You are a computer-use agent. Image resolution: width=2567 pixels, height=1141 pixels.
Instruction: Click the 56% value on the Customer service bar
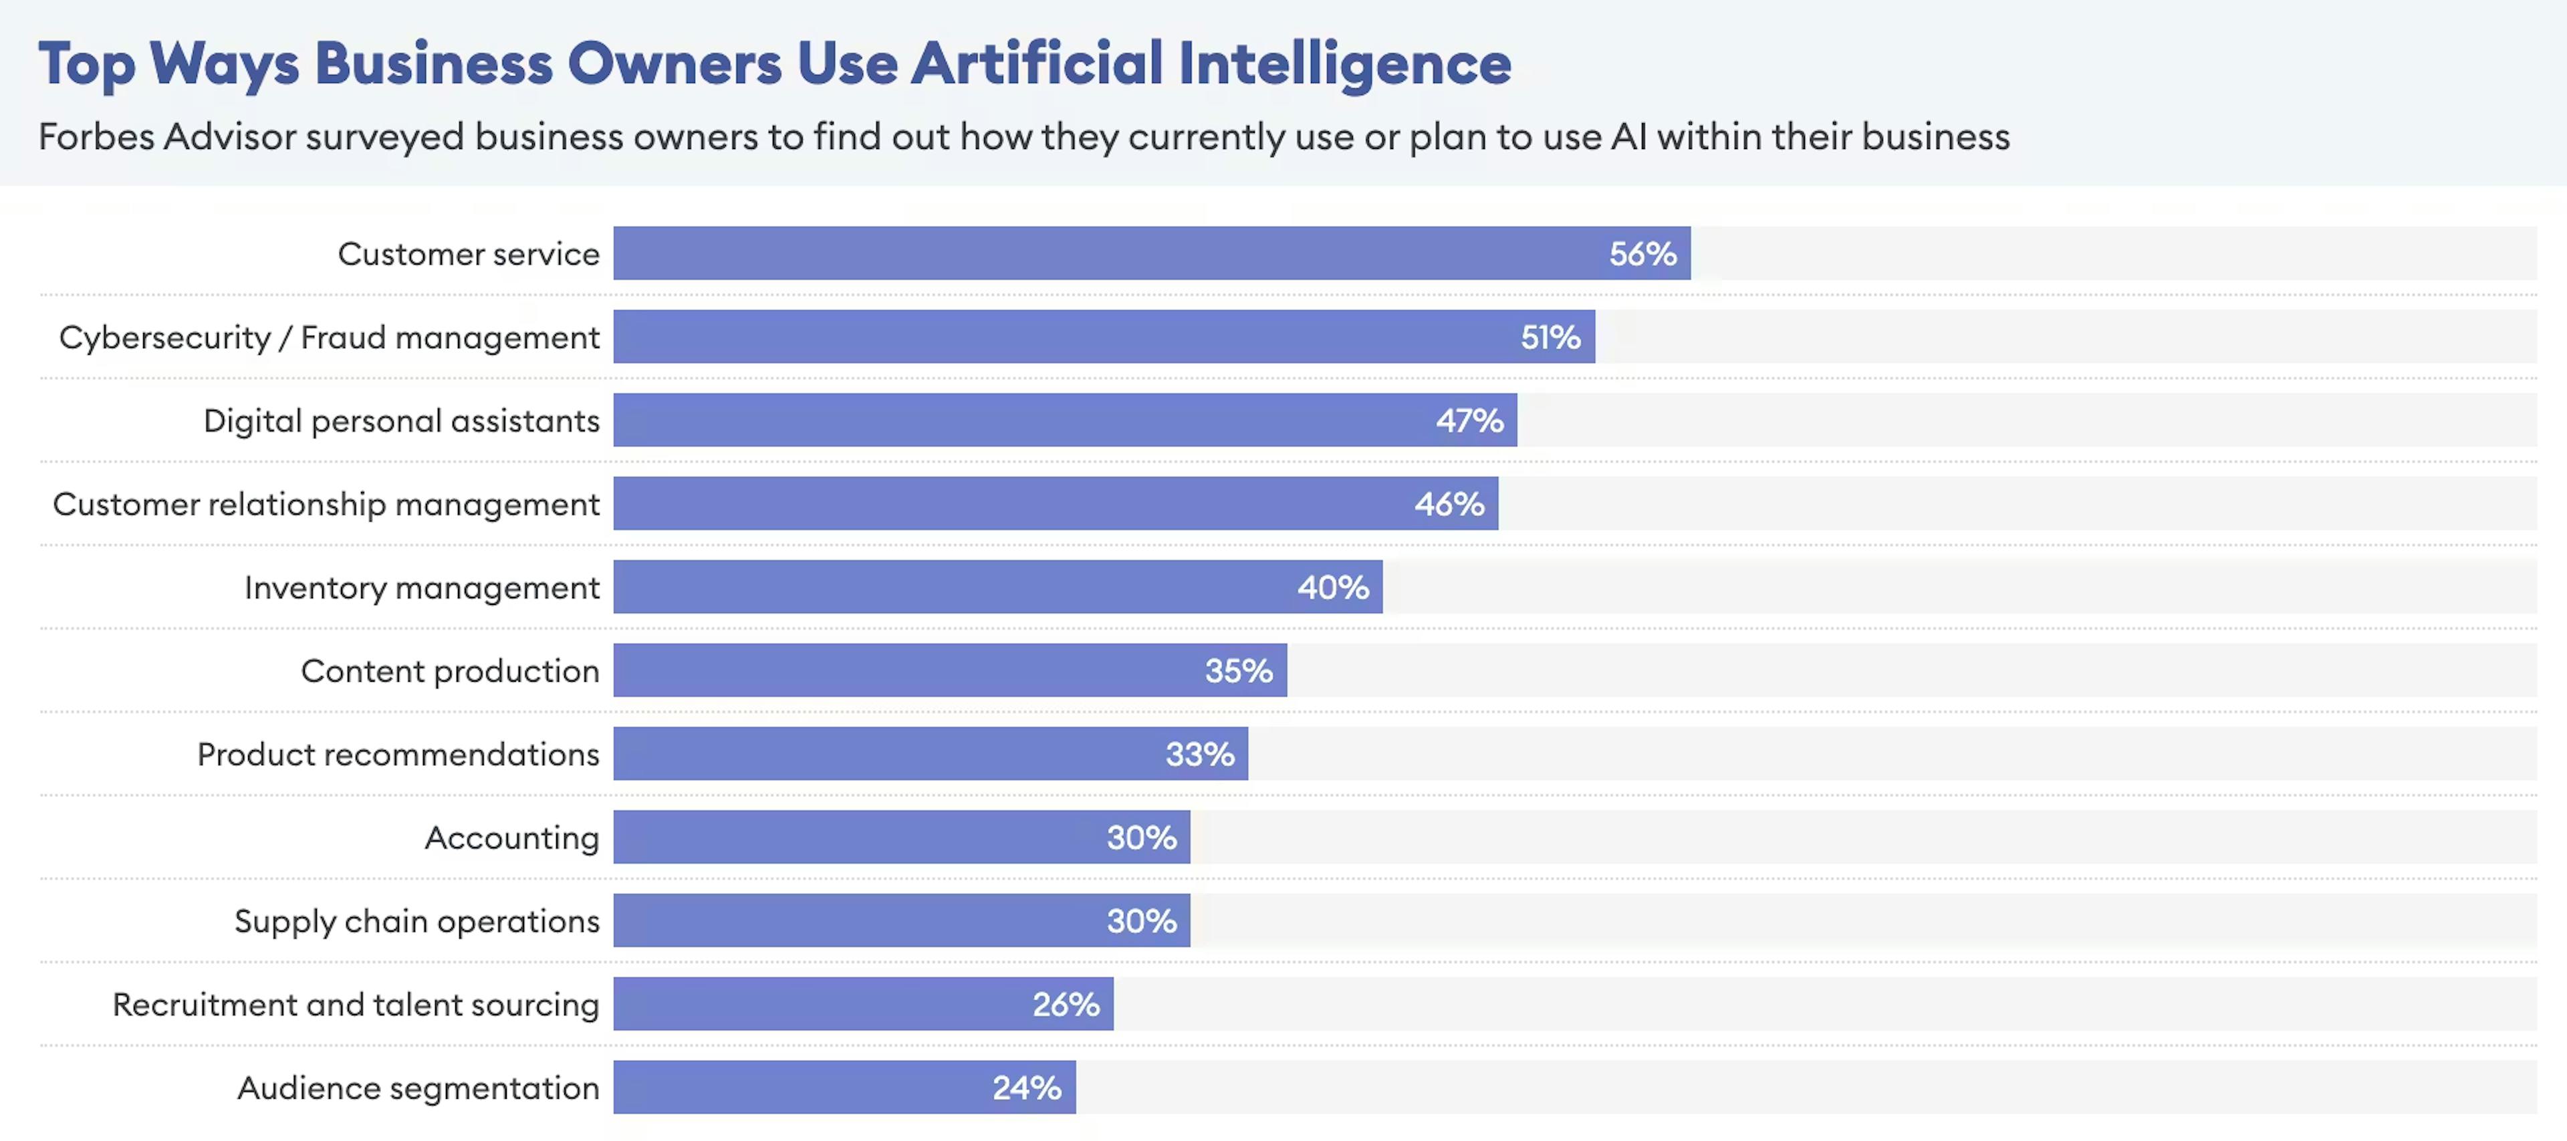(1642, 254)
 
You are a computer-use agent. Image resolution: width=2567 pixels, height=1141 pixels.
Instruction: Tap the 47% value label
(1469, 420)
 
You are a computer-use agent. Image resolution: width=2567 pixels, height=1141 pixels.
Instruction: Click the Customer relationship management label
(326, 504)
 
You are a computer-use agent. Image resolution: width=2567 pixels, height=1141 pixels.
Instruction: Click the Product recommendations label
(398, 755)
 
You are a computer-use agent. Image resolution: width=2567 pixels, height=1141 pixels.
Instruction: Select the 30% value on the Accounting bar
(1141, 837)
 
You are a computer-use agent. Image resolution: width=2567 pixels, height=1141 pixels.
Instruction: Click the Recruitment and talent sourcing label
(356, 1005)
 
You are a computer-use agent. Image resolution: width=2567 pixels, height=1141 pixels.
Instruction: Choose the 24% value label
(1026, 1087)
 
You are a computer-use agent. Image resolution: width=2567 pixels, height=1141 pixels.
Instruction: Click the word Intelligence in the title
(1344, 64)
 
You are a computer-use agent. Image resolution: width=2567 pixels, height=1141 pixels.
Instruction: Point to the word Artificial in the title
(1036, 64)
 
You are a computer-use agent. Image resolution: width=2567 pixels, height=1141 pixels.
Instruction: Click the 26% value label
(1066, 1005)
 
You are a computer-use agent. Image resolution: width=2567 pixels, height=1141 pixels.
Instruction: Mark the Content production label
(449, 670)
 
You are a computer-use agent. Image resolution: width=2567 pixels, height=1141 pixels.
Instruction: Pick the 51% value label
(1550, 337)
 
